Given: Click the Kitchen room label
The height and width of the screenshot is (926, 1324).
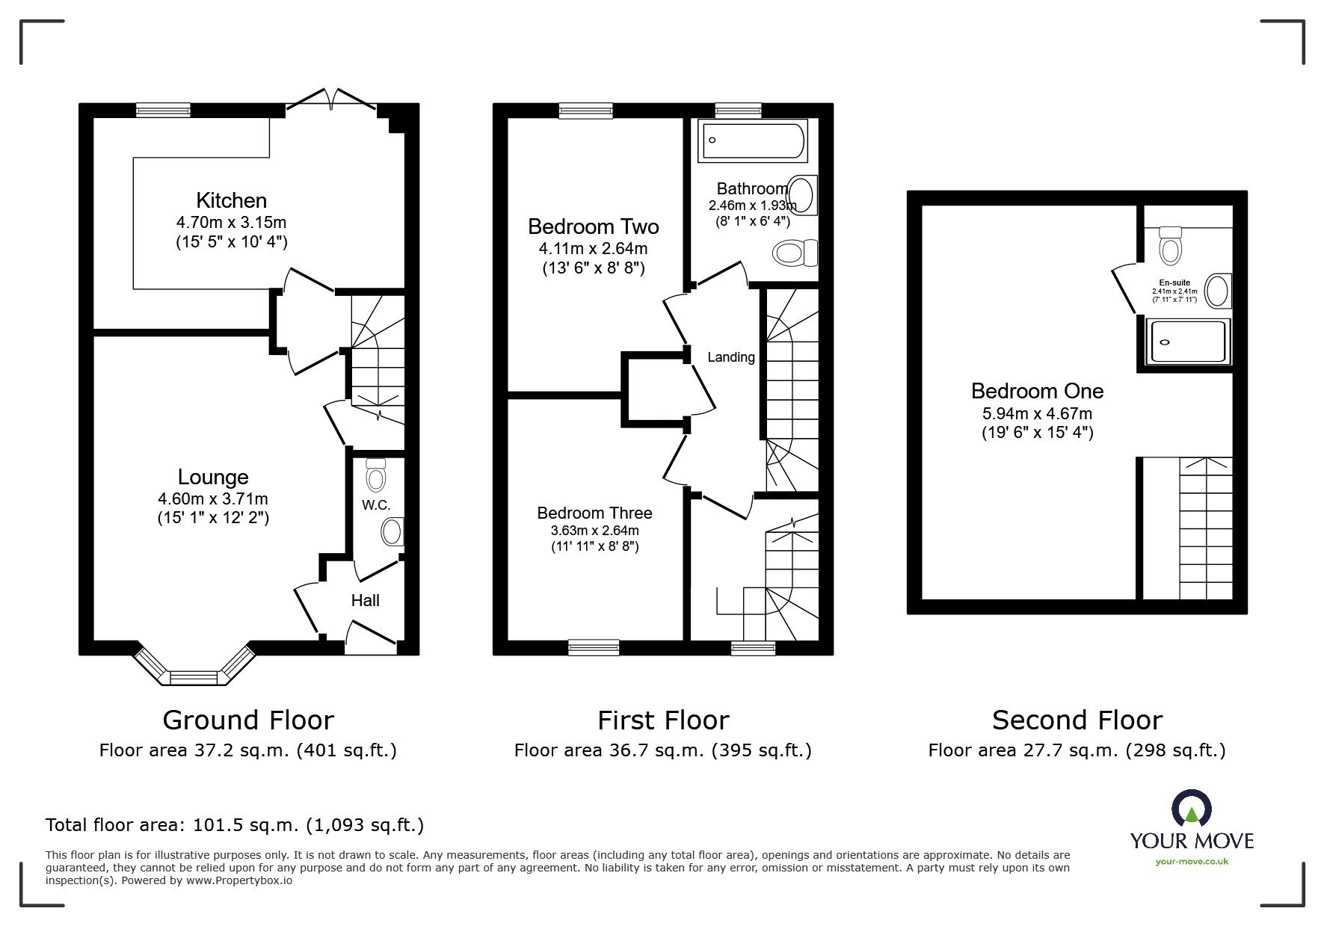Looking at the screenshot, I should pyautogui.click(x=231, y=200).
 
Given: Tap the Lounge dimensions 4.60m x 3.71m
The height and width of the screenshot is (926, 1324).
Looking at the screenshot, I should pyautogui.click(x=213, y=499).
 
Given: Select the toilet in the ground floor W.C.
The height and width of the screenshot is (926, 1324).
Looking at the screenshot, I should pyautogui.click(x=375, y=475).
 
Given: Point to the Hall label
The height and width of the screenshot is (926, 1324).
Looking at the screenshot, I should pyautogui.click(x=365, y=600).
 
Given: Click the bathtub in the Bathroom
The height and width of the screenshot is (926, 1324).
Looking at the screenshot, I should pyautogui.click(x=753, y=141).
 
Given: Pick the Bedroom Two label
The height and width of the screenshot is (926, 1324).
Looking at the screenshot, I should pyautogui.click(x=593, y=226).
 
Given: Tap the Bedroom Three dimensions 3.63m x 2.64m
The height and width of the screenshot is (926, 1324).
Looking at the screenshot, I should pyautogui.click(x=594, y=531).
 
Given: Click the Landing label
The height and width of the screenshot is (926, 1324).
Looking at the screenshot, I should pyautogui.click(x=731, y=357).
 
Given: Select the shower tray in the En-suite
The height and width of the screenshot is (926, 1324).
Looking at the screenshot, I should pyautogui.click(x=1187, y=342).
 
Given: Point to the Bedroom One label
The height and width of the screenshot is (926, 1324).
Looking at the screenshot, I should pyautogui.click(x=1037, y=391).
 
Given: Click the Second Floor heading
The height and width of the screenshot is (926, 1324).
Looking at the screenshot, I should pyautogui.click(x=1077, y=720).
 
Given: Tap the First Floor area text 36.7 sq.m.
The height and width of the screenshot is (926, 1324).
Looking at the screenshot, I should pyautogui.click(x=662, y=750).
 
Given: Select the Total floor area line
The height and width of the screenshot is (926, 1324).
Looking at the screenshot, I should pyautogui.click(x=235, y=825).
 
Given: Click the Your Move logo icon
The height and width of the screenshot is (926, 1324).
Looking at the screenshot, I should pyautogui.click(x=1191, y=809).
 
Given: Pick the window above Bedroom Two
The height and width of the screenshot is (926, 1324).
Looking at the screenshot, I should pyautogui.click(x=586, y=111).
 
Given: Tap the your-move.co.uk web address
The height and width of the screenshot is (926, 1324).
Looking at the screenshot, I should pyautogui.click(x=1192, y=862).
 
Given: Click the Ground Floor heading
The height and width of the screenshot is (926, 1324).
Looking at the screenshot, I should pyautogui.click(x=247, y=720).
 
